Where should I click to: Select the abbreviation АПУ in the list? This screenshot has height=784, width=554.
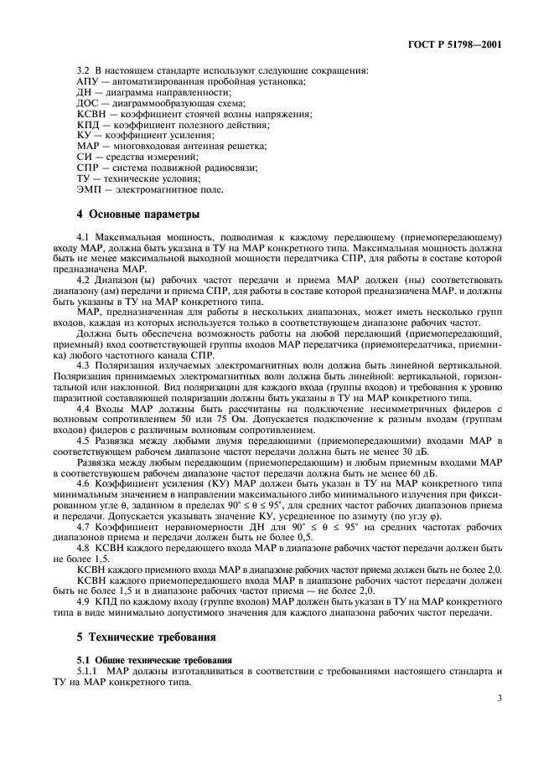88,80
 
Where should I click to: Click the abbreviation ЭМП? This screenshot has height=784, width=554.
91,190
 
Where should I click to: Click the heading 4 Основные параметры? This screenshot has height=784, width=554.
132,215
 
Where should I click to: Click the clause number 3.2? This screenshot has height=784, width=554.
85,70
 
